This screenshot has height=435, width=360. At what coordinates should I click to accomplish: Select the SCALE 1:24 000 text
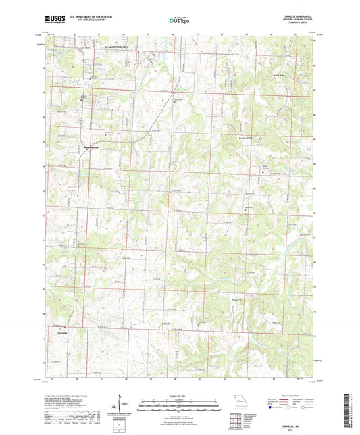pos(179,395)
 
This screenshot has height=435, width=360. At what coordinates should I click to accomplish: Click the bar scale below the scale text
pos(179,405)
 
